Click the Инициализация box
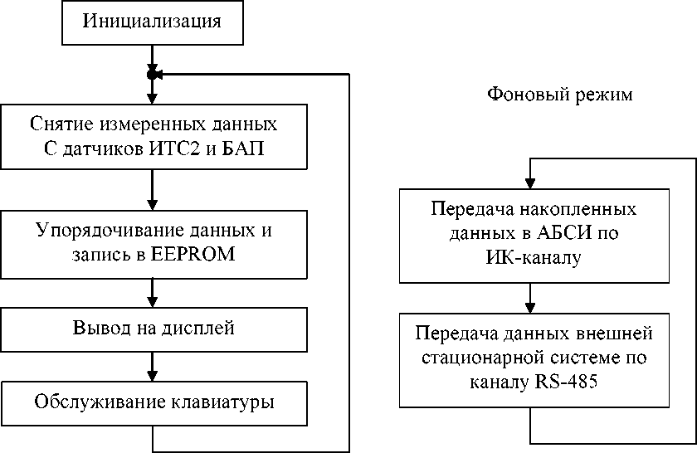coord(152,22)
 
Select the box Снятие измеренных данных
coord(152,136)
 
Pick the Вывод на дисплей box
coord(152,329)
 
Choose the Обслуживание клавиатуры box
coord(152,402)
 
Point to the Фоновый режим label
coord(559,95)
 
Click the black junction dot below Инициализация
coord(152,75)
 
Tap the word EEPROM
coord(194,255)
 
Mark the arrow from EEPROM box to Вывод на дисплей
coord(152,293)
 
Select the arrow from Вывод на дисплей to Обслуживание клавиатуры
coord(152,366)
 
